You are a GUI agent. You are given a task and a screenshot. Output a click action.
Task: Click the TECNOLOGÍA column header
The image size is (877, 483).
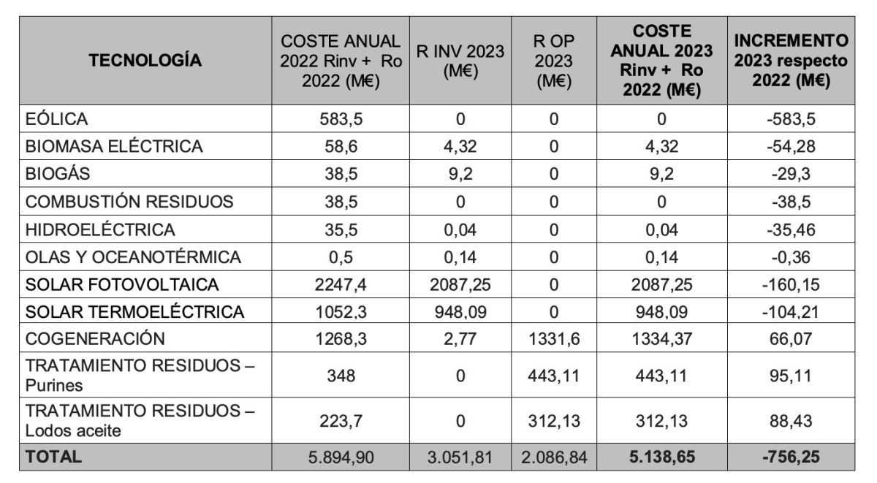tap(145, 61)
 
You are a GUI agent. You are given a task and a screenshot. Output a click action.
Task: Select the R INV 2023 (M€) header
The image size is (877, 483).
tap(460, 61)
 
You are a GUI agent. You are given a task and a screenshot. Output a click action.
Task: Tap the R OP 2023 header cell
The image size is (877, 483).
tap(553, 61)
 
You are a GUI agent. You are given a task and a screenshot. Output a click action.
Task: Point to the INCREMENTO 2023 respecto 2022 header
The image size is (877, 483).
tap(791, 61)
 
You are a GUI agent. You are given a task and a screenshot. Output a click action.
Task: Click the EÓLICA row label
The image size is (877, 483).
tap(56, 119)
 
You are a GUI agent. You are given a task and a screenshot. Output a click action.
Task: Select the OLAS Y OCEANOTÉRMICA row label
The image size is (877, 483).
tap(133, 257)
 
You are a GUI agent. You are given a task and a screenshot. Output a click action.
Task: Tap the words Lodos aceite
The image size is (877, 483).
tap(73, 431)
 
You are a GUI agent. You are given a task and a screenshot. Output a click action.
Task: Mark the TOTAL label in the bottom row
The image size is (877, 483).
tap(53, 457)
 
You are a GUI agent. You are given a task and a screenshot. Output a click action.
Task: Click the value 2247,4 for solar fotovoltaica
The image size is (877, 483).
tap(341, 284)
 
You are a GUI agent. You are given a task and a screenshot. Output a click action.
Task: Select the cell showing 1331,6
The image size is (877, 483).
tap(553, 339)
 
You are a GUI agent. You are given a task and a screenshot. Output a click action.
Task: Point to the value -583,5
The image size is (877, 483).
tap(791, 119)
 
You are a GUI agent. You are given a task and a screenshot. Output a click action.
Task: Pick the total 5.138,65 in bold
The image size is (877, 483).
tap(661, 458)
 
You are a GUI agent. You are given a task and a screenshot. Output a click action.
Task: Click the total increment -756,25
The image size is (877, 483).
tap(791, 458)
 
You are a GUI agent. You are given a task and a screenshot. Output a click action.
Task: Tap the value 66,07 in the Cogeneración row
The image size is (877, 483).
tap(791, 339)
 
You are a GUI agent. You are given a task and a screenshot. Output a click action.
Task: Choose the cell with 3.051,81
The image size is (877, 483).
tap(460, 458)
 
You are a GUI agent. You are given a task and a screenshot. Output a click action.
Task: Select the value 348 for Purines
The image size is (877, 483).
tap(341, 376)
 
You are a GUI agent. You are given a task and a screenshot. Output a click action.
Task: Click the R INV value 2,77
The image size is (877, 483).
tap(460, 339)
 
